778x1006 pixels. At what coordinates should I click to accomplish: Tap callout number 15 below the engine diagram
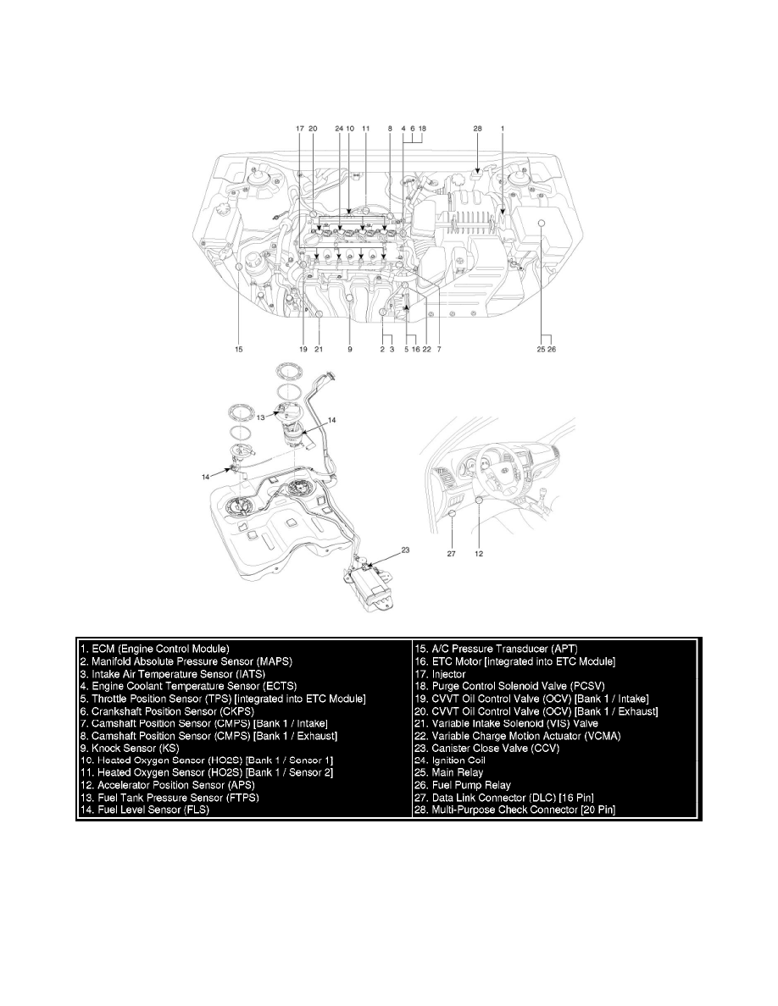coord(240,347)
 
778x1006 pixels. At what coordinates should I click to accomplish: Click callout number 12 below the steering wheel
coord(481,556)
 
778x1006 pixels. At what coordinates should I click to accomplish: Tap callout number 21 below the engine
coord(320,347)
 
